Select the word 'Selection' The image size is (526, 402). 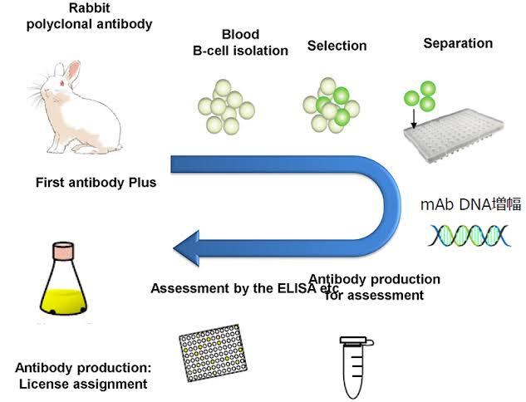click(x=337, y=45)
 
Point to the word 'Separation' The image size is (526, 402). click(x=458, y=42)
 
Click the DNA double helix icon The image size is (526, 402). click(x=457, y=236)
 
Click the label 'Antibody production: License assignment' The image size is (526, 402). click(x=81, y=375)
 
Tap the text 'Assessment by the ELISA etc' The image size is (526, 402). click(x=238, y=288)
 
